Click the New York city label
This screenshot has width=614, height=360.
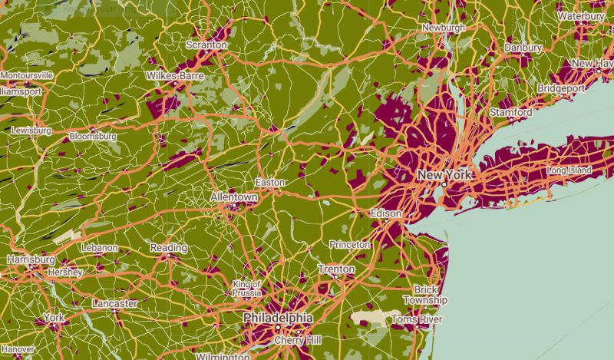443,175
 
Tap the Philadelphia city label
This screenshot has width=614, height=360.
278,317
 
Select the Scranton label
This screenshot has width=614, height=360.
207,45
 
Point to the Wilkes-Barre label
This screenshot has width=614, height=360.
174,76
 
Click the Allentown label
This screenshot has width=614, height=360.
234,197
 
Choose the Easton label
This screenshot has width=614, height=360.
270,183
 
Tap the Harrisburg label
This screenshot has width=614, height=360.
31,259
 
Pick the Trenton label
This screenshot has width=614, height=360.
337,269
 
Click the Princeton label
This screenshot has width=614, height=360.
349,244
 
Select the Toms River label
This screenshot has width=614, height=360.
418,319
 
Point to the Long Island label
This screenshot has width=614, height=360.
569,170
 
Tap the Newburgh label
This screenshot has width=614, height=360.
444,28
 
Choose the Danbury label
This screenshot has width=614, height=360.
523,48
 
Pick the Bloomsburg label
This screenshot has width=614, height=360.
93,137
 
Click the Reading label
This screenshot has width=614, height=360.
168,248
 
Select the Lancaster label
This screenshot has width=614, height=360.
114,303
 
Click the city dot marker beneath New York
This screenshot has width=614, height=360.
444,185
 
